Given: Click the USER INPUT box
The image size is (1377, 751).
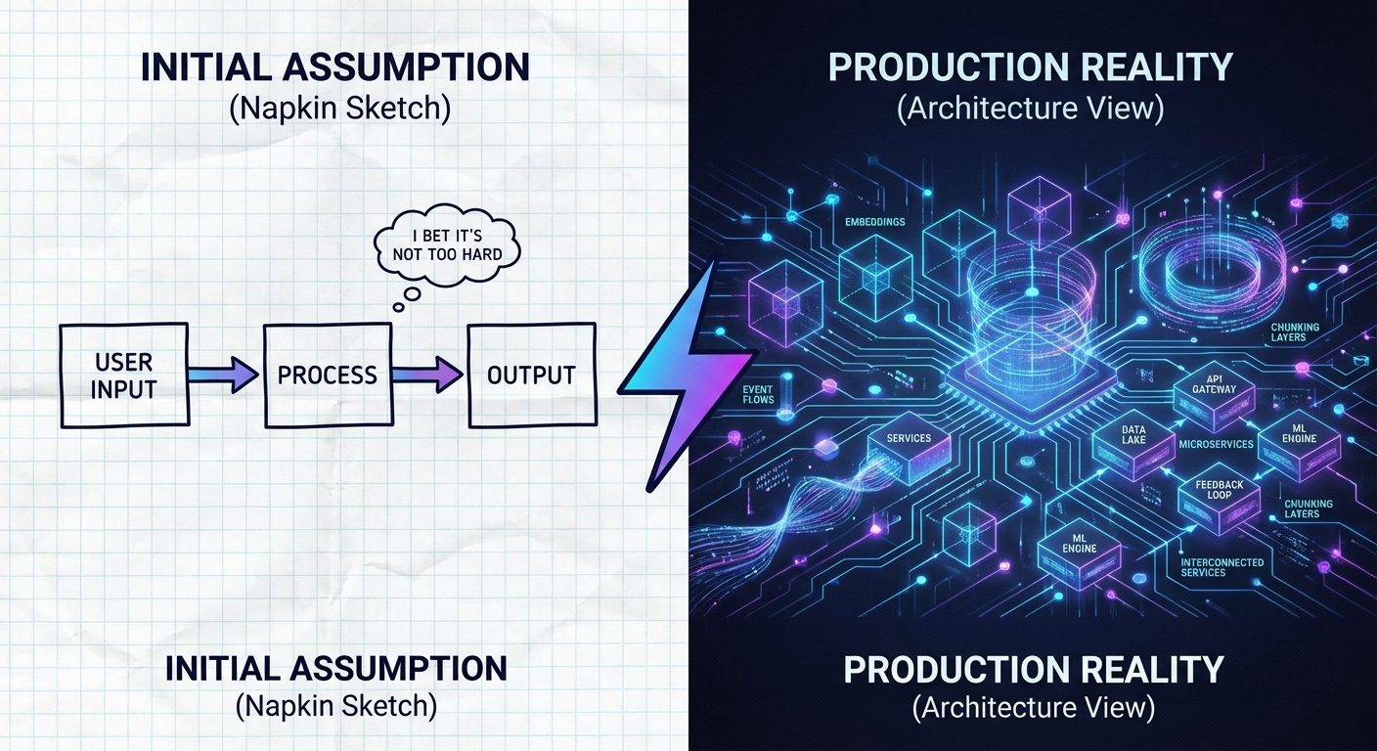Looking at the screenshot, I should tap(123, 375).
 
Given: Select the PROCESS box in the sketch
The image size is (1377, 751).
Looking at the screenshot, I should tap(328, 375).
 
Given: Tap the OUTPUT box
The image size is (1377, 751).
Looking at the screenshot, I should tap(531, 375).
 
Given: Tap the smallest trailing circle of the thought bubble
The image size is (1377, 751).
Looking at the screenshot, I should tap(399, 307).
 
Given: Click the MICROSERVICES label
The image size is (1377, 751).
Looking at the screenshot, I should tap(1216, 445).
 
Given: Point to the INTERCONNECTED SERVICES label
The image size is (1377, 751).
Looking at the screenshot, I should tap(1222, 567).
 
